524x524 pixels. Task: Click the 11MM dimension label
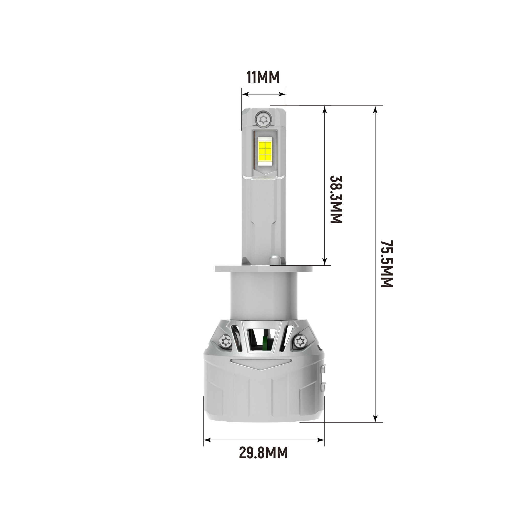coord(263,77)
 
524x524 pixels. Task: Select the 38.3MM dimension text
coord(336,199)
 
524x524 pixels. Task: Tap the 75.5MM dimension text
coord(387,264)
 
